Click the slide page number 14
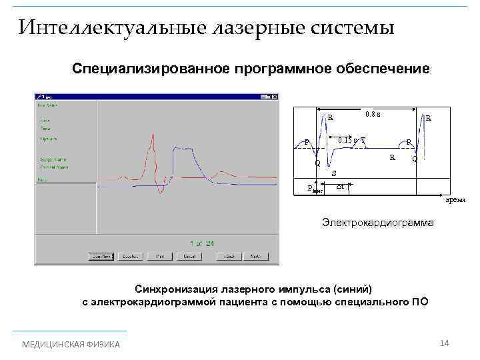445,343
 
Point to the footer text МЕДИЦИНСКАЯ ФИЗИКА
71,344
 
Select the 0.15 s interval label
347,140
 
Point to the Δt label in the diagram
341,186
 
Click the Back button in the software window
231,256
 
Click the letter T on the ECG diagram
363,139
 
